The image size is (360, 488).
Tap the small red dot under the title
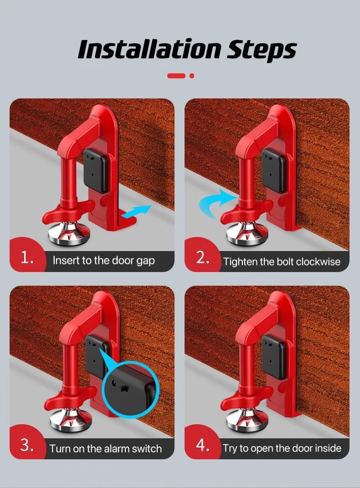(x=192, y=76)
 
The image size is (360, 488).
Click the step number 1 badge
(x=27, y=258)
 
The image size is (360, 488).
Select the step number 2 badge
(x=202, y=258)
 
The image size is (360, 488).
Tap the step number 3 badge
(x=27, y=445)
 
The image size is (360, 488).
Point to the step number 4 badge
(x=202, y=445)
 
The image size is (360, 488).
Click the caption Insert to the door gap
(x=103, y=261)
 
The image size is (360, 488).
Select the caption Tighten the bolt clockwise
(x=282, y=262)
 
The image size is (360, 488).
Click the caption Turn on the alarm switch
(x=106, y=448)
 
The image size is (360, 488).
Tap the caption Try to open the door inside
(x=282, y=448)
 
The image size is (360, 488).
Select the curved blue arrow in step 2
(x=216, y=203)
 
